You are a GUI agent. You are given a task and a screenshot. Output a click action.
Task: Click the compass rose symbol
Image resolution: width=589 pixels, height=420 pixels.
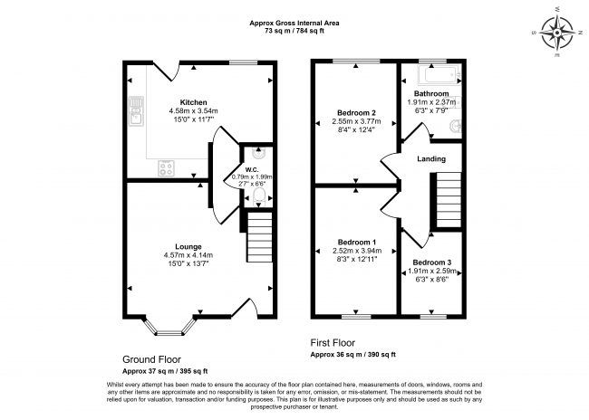coord(557,33)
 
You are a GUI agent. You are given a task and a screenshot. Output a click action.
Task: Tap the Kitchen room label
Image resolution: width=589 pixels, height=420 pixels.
coord(193,102)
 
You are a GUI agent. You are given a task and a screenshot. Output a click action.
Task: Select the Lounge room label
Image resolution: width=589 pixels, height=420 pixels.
coord(188,246)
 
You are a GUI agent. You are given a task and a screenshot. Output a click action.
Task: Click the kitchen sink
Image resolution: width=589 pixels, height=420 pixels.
coord(136,111)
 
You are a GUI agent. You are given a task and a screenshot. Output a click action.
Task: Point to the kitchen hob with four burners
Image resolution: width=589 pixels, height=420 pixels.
coord(166,167)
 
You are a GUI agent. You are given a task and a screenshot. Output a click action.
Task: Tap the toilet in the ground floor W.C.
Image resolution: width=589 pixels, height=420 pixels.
coord(259,196)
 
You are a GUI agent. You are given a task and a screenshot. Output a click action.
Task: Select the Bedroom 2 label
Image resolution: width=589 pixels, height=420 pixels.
coord(356,112)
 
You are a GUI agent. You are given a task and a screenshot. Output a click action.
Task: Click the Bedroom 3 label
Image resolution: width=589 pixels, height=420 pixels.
coord(432,262)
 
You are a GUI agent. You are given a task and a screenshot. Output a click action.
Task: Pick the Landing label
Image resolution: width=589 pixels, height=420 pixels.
coord(431,158)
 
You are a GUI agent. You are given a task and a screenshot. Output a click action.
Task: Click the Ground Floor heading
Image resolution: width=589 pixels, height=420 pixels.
coord(151,359)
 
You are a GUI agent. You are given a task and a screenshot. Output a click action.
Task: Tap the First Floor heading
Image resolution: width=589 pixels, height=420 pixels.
coord(333,343)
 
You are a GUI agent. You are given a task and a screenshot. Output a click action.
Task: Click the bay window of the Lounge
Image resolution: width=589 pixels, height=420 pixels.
coord(169,327)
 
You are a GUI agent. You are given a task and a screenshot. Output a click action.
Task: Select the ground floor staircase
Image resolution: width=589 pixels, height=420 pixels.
coord(259,237)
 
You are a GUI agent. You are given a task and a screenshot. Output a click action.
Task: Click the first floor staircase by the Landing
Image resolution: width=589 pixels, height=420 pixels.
coord(449,200)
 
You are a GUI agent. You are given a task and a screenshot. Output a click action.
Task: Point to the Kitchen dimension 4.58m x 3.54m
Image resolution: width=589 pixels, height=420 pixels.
coord(193,111)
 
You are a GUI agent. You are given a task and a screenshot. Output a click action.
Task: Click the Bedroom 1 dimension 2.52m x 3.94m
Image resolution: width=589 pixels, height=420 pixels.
coord(357,251)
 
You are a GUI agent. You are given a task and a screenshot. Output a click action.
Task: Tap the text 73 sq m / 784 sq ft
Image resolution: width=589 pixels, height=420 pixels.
coord(294,31)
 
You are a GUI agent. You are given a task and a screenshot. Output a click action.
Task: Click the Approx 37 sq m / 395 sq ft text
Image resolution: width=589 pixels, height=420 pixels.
coord(165,371)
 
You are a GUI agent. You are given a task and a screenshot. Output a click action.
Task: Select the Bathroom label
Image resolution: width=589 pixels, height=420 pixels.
coord(431,93)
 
